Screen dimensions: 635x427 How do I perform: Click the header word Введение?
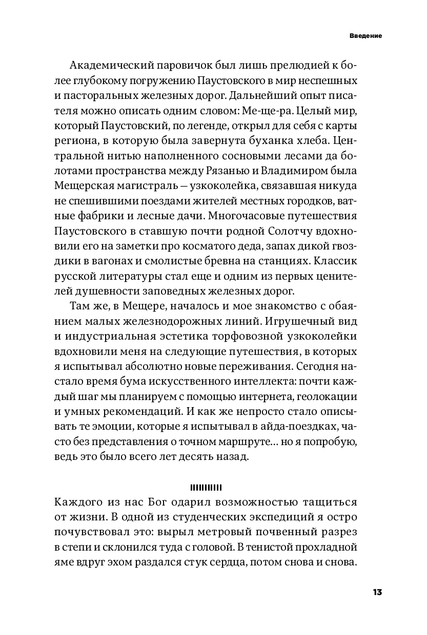[x=367, y=36]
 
